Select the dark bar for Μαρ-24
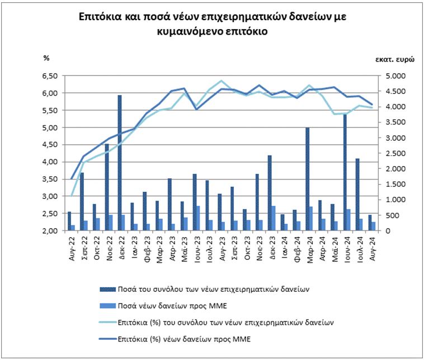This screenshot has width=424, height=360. click(307, 179)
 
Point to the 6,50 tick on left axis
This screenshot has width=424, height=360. click(50, 75)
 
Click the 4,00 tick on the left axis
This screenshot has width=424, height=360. click(50, 162)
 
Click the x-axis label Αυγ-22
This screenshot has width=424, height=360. click(70, 246)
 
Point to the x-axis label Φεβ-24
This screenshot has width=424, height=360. click(295, 246)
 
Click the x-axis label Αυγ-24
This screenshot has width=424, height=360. click(370, 246)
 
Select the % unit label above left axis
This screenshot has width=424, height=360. click(46, 58)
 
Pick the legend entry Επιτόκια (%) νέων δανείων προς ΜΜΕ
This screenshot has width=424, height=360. click(185, 339)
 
